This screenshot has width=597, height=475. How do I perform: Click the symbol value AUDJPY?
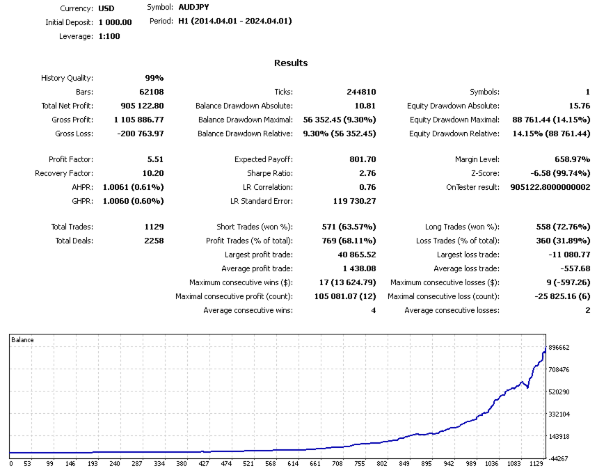tap(193, 7)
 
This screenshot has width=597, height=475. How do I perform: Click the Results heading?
tap(291, 63)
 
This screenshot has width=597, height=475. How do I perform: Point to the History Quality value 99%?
tap(154, 78)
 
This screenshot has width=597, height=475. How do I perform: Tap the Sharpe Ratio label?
tap(270, 173)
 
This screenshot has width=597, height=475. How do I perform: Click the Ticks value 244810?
tap(361, 92)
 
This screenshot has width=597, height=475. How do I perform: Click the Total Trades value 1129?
tap(152, 227)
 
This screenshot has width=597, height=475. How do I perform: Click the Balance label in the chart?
tap(23, 340)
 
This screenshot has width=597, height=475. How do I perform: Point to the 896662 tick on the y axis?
tap(559, 347)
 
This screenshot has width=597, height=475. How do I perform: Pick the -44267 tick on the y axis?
tap(559, 458)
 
